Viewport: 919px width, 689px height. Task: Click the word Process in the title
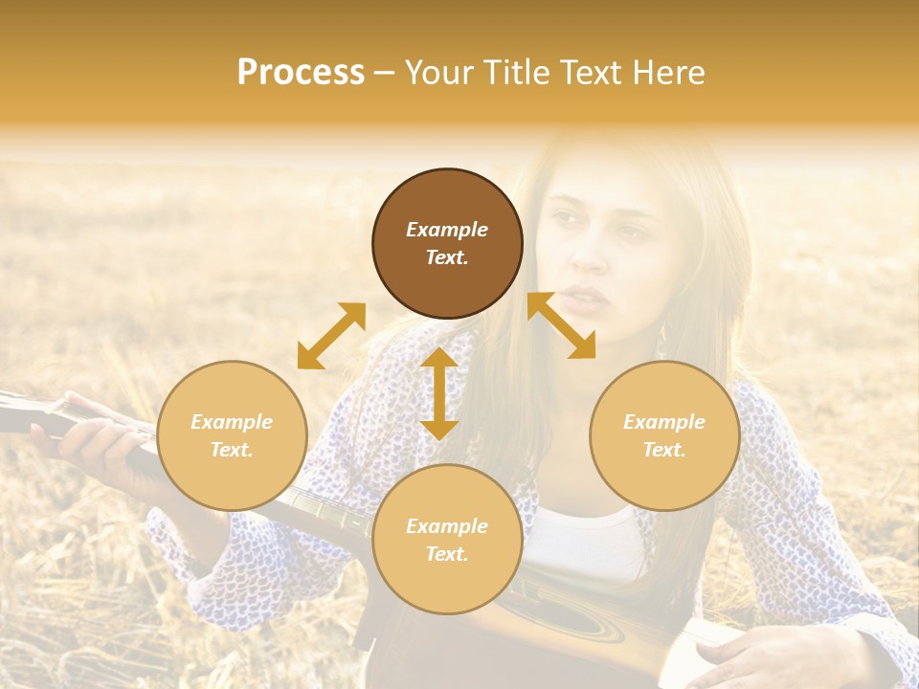pyautogui.click(x=301, y=73)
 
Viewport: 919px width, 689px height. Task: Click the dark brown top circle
pyautogui.click(x=447, y=243)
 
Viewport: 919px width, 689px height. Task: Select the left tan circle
pyautogui.click(x=232, y=435)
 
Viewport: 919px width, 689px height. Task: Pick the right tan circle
pyautogui.click(x=664, y=435)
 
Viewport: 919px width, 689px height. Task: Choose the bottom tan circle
pyautogui.click(x=447, y=540)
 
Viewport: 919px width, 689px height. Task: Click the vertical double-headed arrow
pyautogui.click(x=439, y=393)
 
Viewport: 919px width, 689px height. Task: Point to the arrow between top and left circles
pyautogui.click(x=331, y=336)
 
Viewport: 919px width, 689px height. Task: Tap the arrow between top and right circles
pyautogui.click(x=561, y=325)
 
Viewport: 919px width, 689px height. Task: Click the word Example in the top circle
pyautogui.click(x=447, y=230)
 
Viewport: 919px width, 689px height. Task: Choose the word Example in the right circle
pyautogui.click(x=664, y=422)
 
